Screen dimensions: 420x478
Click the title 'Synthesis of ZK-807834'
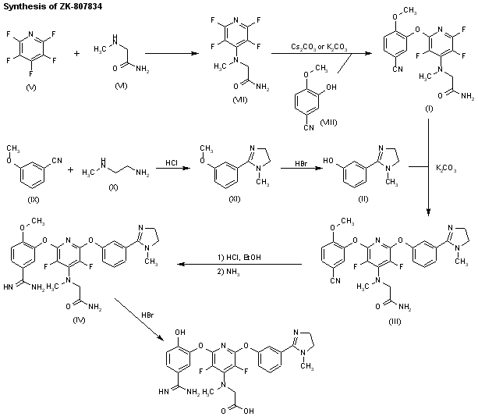(45, 6)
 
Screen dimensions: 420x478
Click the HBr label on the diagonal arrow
(147, 315)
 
